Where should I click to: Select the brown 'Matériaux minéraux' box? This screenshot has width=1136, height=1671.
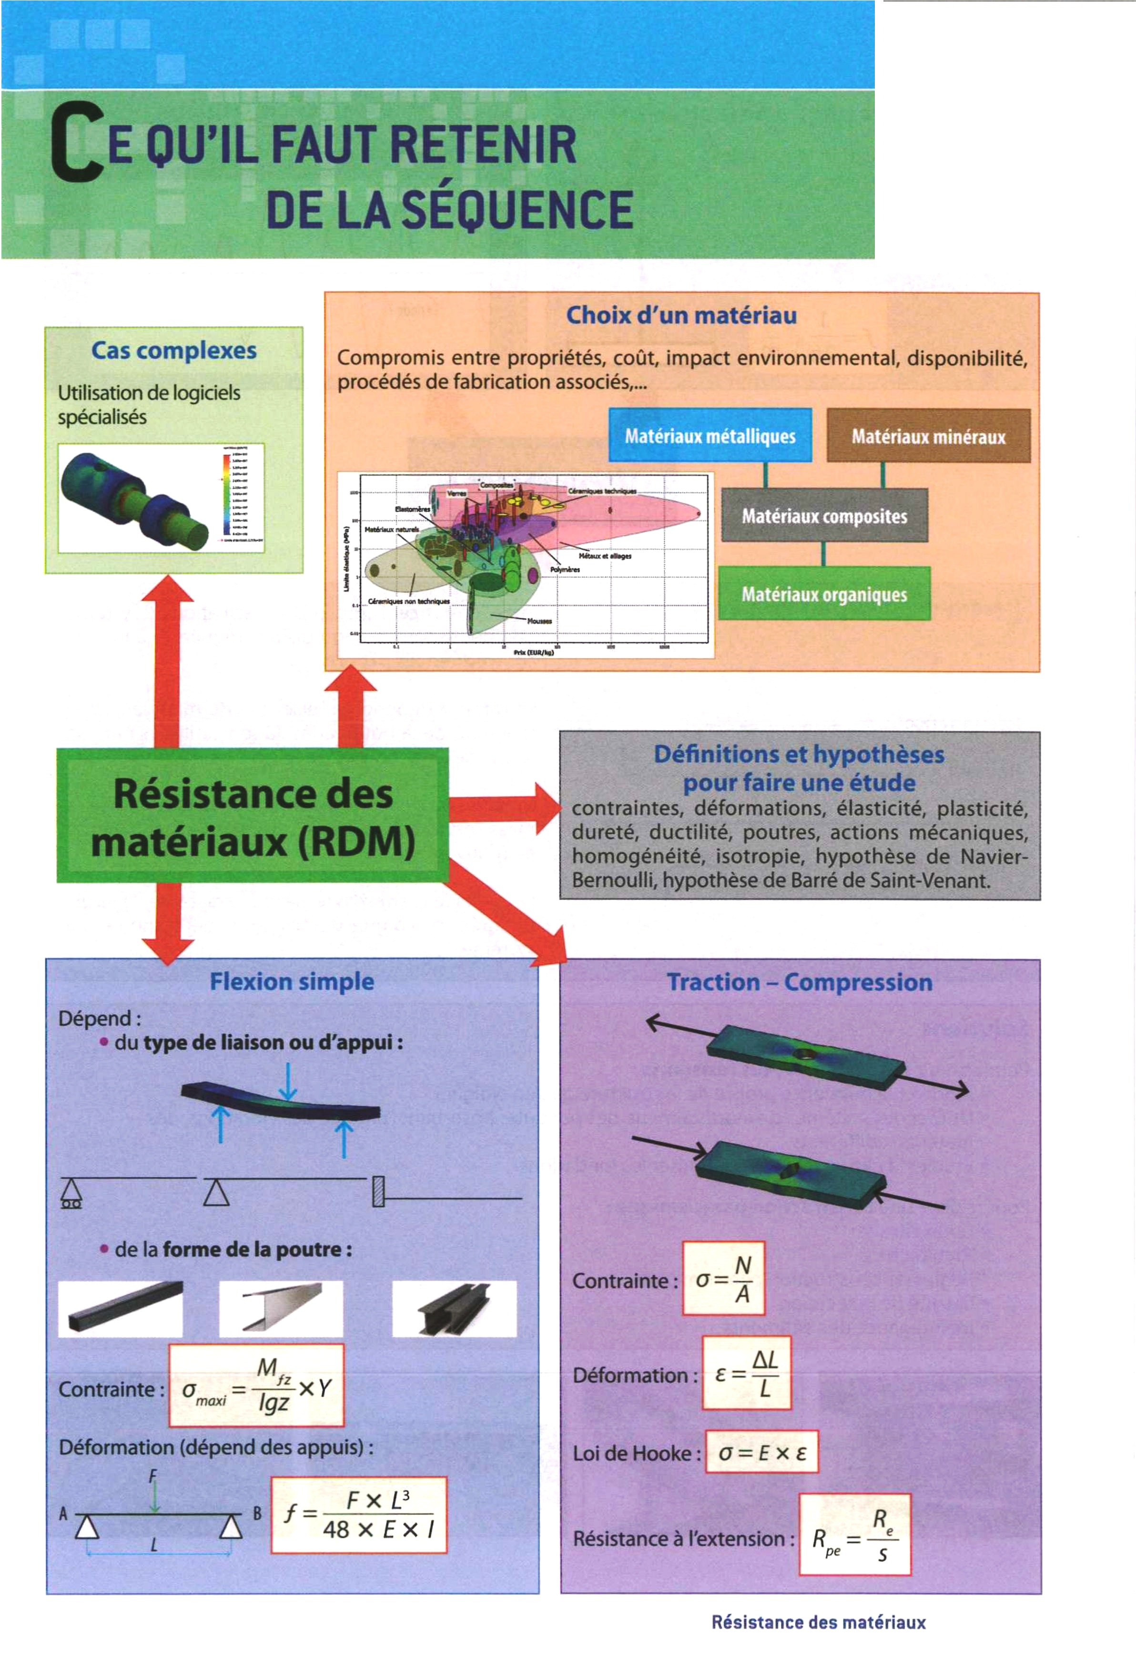point(928,436)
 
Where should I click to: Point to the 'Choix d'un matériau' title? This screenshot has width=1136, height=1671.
point(680,315)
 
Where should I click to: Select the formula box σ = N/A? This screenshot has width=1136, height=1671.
point(723,1279)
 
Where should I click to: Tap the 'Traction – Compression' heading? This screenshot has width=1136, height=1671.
point(799,982)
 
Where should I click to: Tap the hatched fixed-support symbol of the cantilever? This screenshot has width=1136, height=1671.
point(378,1191)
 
